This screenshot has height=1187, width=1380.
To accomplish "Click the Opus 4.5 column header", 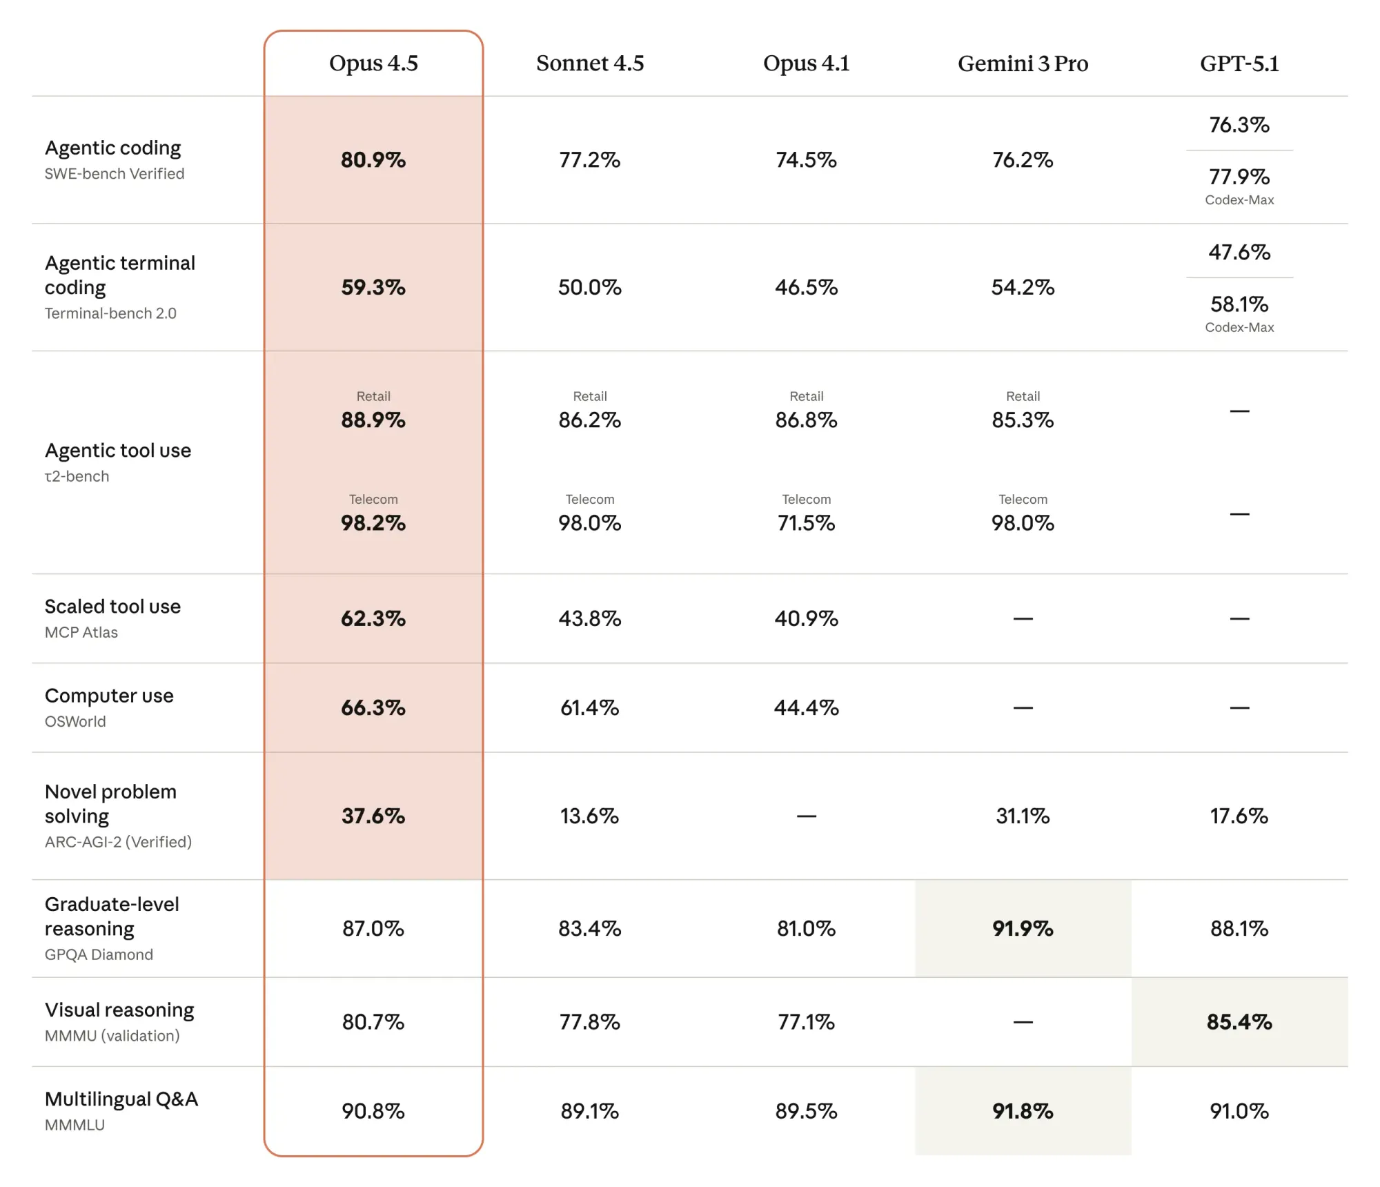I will [373, 63].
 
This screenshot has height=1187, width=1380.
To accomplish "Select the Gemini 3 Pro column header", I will [1023, 63].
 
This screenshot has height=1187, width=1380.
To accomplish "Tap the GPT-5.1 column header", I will [1239, 63].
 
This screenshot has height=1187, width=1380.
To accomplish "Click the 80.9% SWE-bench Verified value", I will [373, 159].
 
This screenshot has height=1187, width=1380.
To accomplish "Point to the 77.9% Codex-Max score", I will [1239, 177].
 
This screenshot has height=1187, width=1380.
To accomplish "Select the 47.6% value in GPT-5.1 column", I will [1239, 252].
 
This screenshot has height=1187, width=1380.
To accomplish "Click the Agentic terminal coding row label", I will [120, 275].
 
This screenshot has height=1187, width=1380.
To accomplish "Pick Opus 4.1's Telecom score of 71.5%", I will [806, 522].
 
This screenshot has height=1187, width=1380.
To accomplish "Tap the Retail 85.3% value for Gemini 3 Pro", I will [1023, 420].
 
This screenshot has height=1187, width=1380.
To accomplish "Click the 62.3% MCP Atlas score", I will [373, 618].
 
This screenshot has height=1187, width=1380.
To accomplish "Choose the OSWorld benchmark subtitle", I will [75, 721].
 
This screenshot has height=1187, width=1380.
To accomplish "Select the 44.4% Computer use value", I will [806, 707].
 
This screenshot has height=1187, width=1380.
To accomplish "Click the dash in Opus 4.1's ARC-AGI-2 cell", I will [806, 816].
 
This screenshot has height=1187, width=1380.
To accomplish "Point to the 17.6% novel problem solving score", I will [1239, 816].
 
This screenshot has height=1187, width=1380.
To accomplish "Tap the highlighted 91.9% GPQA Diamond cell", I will [1023, 928].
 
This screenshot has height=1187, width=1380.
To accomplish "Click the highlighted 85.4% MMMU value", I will [1239, 1021].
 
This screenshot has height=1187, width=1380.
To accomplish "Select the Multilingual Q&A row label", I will [121, 1099].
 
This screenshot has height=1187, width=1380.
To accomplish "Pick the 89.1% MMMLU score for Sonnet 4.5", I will [590, 1110].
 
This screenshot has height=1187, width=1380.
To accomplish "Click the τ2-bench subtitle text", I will [77, 476].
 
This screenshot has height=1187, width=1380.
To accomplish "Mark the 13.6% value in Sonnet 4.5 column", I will [590, 816].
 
